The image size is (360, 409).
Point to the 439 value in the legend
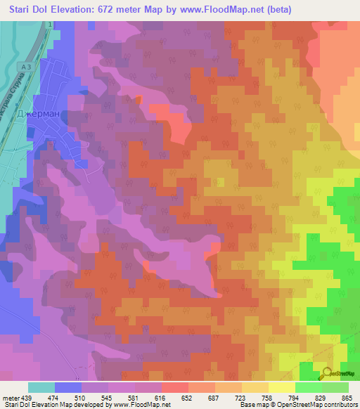26,398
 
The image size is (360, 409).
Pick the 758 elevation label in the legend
266,398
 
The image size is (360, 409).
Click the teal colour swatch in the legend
41,387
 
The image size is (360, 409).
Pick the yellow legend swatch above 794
281,387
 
